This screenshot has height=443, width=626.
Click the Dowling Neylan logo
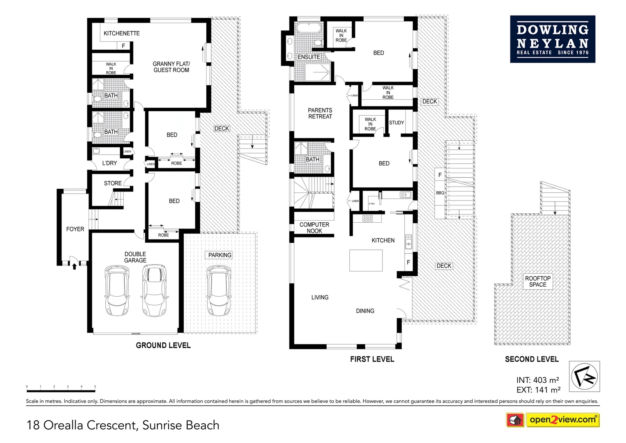pos(552,39)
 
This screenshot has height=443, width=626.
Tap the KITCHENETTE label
pos(121,33)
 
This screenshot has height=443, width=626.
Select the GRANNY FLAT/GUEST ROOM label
pos(171,67)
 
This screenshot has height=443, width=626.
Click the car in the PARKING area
pos(219,290)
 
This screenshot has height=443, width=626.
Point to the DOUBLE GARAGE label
pos(135,257)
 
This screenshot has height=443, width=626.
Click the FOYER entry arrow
pos(74,267)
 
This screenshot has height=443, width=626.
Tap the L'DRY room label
pos(109,163)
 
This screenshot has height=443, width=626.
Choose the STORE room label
pos(113,183)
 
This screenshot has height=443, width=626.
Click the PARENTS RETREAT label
pos(320,113)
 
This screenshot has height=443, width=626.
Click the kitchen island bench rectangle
pos(366,260)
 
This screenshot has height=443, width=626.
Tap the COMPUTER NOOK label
pos(314,228)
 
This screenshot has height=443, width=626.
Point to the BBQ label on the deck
pos(440,193)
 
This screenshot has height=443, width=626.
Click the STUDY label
pos(396,123)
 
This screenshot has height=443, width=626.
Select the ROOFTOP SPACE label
pos(537,281)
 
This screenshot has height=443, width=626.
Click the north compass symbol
pos(584,377)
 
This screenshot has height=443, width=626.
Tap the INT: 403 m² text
pos(537,380)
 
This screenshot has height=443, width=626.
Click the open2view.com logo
pos(562,420)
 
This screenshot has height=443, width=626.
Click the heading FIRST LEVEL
pos(372,359)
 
